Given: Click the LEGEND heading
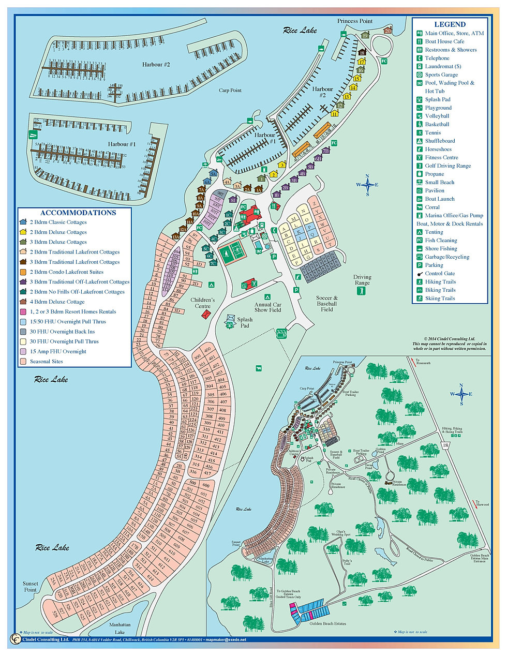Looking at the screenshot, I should click(450, 24).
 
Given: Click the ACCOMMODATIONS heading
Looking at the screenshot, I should click(78, 213).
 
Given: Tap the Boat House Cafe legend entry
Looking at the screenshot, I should click(444, 41).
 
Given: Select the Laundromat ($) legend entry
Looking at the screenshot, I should click(443, 66).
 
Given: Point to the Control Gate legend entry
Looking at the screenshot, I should click(440, 273).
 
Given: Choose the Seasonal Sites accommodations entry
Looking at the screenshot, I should click(46, 361).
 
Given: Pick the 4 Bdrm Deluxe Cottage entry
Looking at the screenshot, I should click(57, 302).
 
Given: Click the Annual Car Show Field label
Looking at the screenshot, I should click(267, 307).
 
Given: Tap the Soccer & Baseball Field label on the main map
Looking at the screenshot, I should click(327, 304).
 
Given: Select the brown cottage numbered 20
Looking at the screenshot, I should click(388, 31).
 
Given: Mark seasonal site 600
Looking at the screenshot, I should click(206, 485).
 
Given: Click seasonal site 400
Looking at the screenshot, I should click(208, 350).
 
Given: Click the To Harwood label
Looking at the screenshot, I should click(482, 503).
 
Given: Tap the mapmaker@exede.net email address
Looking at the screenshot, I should click(226, 640).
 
